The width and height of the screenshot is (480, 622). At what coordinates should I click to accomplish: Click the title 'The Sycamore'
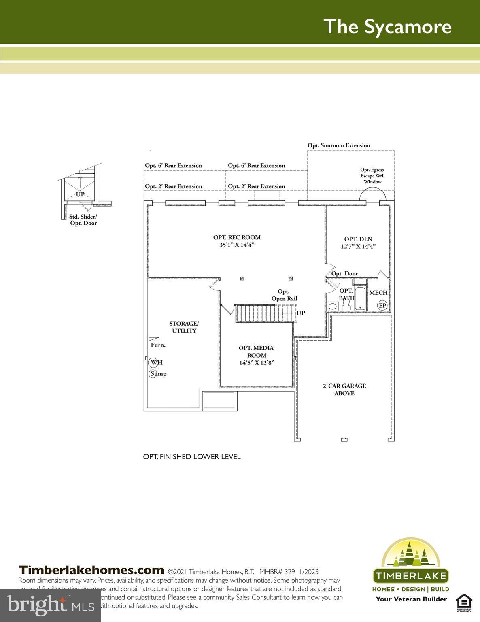387,26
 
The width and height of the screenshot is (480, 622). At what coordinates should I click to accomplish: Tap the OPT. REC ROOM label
237,241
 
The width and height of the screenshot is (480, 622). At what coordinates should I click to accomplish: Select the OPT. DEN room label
358,243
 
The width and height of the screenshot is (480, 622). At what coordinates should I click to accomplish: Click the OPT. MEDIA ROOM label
256,355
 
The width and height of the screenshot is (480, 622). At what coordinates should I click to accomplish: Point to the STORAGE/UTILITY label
184,327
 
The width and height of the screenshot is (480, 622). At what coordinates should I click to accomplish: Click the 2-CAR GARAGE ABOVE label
344,390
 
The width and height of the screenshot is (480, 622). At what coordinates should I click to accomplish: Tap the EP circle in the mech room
382,305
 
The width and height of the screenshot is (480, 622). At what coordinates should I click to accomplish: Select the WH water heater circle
154,362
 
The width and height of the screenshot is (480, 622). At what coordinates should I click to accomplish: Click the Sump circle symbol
153,374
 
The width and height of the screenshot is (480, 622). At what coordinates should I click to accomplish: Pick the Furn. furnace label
157,345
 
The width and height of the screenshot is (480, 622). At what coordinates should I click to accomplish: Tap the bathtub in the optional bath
360,299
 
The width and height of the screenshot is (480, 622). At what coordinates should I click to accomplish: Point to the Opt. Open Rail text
284,295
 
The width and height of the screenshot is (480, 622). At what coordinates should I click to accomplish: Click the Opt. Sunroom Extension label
339,145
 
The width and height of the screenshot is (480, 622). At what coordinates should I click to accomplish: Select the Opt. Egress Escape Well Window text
372,176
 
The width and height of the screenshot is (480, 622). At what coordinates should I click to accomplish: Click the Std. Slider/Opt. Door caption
83,220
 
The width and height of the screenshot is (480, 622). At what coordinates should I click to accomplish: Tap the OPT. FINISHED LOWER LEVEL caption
192,457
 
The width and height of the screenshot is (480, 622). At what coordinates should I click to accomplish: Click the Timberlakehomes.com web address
91,570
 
